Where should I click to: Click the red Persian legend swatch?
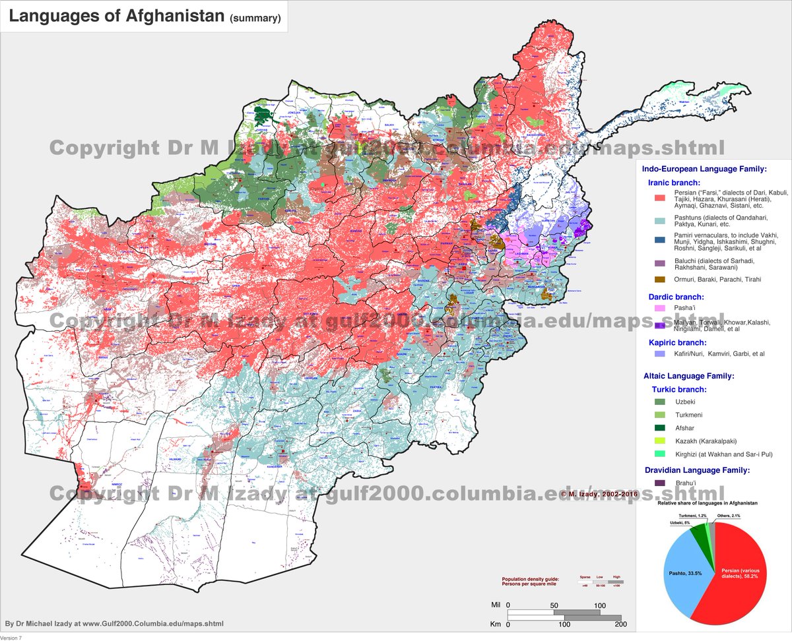tap(659, 197)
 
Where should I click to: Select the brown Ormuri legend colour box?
tap(659, 280)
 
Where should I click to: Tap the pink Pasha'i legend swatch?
tap(659, 308)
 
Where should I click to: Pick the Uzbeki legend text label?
tap(685, 402)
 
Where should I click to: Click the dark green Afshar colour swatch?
tap(659, 428)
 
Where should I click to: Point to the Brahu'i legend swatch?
tap(659, 483)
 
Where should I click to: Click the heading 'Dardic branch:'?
tap(676, 297)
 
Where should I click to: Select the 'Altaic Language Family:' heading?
tap(689, 376)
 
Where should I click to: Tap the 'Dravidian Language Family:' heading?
tap(696, 470)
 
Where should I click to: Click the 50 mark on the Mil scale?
tap(553, 605)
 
